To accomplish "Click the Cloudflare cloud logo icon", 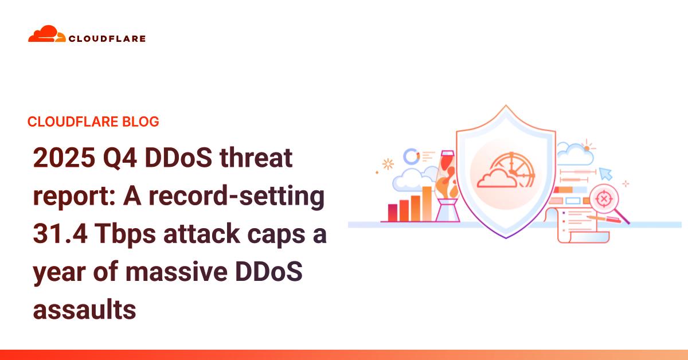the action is (x=46, y=34).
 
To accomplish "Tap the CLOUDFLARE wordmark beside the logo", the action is (x=107, y=39).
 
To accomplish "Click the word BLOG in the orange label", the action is (x=140, y=122).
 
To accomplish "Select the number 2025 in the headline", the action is (x=64, y=158).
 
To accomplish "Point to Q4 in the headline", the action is (x=120, y=158).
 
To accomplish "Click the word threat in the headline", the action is (x=256, y=157).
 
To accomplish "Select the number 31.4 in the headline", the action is (x=60, y=234).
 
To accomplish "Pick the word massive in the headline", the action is (x=177, y=272).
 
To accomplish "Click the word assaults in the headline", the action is (x=84, y=310).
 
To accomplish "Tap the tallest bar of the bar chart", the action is (x=427, y=204).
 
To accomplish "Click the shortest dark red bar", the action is (x=393, y=213).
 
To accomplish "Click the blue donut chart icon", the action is (x=411, y=156).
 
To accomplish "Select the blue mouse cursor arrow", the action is (x=605, y=174).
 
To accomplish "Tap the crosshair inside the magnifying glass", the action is (x=604, y=199).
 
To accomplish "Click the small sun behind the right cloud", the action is (x=587, y=147).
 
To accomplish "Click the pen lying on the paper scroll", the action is (x=604, y=219).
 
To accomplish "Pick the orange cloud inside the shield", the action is (x=497, y=178).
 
